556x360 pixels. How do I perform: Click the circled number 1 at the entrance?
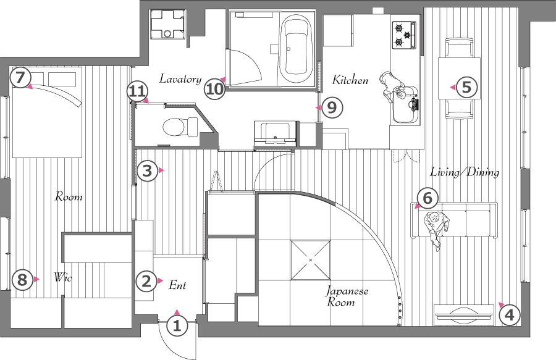click(177, 325)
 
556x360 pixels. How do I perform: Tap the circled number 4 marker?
click(509, 315)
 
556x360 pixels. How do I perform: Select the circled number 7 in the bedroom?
click(20, 78)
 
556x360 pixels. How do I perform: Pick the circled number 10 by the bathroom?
click(214, 89)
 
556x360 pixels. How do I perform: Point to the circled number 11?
click(137, 92)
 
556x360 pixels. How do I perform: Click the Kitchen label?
click(350, 80)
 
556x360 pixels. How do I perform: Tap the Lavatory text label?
click(180, 78)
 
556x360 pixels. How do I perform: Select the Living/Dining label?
click(465, 172)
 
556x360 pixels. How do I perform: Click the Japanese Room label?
click(347, 296)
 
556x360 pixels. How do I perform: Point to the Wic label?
click(63, 277)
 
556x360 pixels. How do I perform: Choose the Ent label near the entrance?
click(177, 285)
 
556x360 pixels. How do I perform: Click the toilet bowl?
click(180, 127)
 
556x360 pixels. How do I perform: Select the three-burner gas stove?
click(404, 35)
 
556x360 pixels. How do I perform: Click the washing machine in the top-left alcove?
click(167, 23)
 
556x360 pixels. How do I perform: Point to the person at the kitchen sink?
click(392, 87)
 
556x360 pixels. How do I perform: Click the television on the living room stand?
click(464, 314)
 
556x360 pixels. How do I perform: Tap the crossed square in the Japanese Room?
click(310, 260)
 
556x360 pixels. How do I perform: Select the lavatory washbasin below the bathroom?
click(275, 133)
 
